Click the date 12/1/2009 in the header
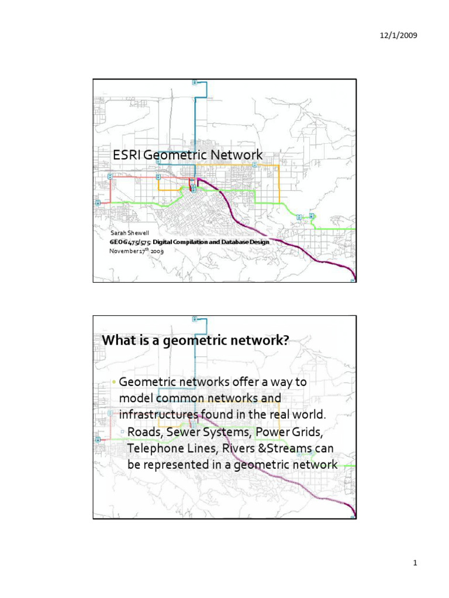coord(399,36)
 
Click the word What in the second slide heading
coord(119,340)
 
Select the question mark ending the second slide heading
coord(286,340)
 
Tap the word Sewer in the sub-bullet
coord(187,432)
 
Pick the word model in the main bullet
coord(134,398)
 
